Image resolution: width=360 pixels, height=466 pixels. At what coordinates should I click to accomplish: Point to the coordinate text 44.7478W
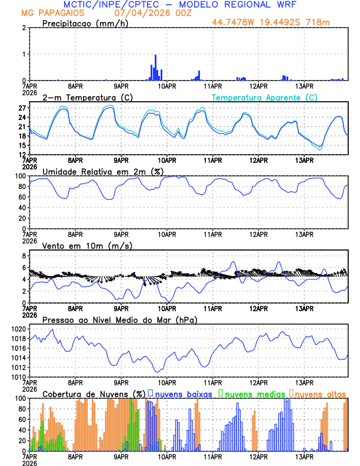(233, 23)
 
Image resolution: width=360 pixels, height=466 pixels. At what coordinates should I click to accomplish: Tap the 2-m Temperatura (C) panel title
(82, 97)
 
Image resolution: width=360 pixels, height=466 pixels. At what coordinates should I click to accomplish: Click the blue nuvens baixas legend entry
(185, 393)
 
